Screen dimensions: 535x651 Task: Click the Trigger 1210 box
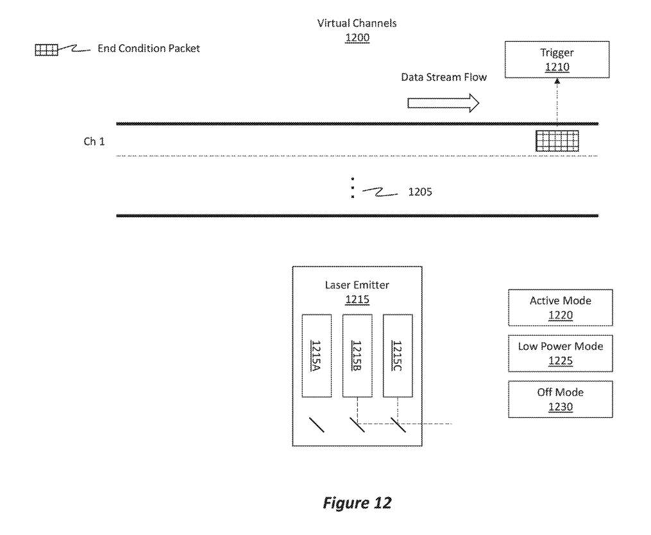pos(557,60)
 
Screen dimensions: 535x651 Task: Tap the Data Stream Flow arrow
pos(443,103)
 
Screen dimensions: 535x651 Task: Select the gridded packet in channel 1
pos(557,141)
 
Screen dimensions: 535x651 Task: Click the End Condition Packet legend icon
pos(46,49)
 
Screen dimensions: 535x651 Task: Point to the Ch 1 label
pos(94,142)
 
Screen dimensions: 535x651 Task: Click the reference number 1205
pos(420,192)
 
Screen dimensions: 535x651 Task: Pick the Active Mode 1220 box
pos(560,308)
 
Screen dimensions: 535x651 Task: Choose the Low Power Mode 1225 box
pos(560,353)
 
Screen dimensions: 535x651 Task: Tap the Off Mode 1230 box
pos(560,399)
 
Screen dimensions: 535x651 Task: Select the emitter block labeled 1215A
pos(316,356)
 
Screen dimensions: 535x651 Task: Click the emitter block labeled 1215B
pos(357,356)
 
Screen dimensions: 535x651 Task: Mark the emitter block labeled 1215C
pos(398,356)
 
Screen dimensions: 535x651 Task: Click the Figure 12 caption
pos(357,503)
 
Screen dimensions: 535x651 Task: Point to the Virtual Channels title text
pos(357,23)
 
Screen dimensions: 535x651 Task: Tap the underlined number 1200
pos(357,38)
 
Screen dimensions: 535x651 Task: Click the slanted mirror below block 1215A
pos(316,424)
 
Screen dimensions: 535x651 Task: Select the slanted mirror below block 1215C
pos(398,424)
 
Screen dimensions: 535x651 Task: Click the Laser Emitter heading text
pos(357,285)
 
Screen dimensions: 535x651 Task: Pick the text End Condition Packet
pos(148,49)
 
